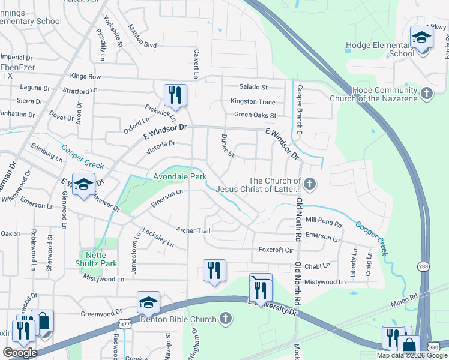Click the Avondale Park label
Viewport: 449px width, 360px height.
point(179,177)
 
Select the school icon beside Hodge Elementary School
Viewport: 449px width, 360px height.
point(421,38)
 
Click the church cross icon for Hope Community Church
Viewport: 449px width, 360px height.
point(426,93)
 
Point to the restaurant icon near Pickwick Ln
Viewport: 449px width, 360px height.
point(175,95)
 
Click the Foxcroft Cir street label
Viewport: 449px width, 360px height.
point(276,250)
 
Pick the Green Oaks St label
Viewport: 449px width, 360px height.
point(255,115)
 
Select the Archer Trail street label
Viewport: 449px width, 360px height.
point(193,230)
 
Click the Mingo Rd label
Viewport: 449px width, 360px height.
point(402,299)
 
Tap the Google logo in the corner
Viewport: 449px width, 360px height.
point(20,352)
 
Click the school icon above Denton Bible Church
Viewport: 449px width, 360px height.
point(148,302)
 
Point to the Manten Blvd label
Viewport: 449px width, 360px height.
point(143,45)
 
